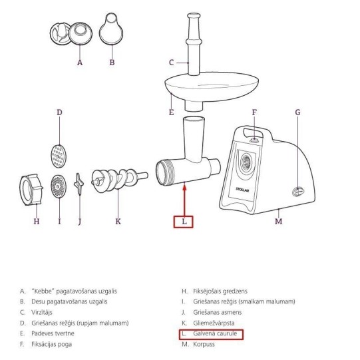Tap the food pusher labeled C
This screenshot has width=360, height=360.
click(194, 44)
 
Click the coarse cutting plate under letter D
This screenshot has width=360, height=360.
click(59, 156)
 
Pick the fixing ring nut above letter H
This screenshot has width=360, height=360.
click(31, 190)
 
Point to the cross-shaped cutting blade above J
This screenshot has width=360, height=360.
click(79, 184)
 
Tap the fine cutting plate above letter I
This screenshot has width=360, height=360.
click(59, 186)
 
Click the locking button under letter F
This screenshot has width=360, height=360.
click(254, 140)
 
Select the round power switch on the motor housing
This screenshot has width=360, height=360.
click(298, 191)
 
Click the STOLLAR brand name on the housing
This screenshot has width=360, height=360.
click(242, 190)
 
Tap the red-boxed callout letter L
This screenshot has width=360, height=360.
click(184, 222)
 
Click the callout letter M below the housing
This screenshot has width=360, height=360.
click(279, 222)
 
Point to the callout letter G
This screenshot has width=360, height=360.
click(297, 112)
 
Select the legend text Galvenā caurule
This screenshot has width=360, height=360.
click(215, 333)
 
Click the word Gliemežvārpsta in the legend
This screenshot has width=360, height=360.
click(214, 323)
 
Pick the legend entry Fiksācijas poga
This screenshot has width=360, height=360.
click(52, 345)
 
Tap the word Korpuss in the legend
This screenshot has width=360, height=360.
click(204, 345)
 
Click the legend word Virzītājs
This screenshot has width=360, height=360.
click(42, 313)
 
